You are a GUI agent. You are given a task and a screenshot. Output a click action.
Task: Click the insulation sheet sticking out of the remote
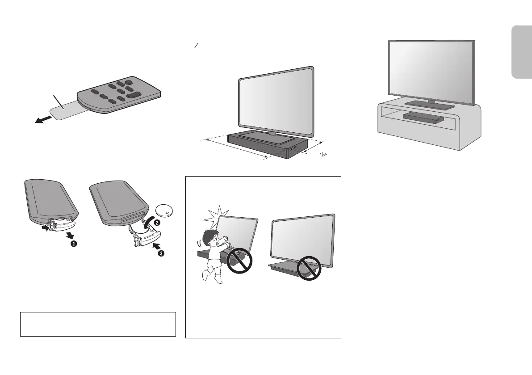tap(64, 110)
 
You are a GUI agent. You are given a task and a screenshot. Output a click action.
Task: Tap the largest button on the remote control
tap(133, 94)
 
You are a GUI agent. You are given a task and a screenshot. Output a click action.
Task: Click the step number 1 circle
tap(74, 244)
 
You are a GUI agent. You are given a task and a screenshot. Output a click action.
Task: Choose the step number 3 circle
tap(161, 254)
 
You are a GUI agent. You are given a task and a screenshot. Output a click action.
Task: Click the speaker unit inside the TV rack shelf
tap(423, 117)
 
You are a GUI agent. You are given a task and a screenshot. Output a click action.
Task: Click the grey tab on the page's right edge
tap(522, 52)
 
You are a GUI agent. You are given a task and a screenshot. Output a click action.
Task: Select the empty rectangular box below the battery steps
tap(98, 324)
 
